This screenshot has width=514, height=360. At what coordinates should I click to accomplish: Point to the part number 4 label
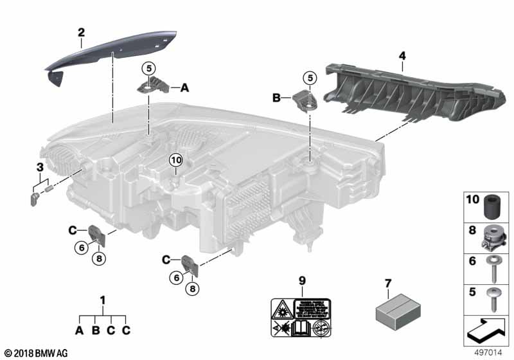pyautogui.click(x=402, y=57)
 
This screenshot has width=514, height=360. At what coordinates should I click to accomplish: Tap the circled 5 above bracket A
pyautogui.click(x=148, y=67)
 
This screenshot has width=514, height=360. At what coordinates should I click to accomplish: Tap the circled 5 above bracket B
pyautogui.click(x=311, y=78)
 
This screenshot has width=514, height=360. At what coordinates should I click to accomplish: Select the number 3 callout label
pyautogui.click(x=39, y=168)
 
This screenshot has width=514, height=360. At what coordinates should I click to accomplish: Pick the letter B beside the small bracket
pyautogui.click(x=277, y=98)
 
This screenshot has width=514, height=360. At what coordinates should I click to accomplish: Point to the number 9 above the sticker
pyautogui.click(x=299, y=280)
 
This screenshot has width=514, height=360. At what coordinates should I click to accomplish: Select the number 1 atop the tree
pyautogui.click(x=102, y=300)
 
